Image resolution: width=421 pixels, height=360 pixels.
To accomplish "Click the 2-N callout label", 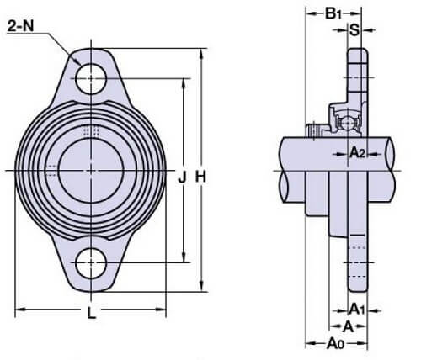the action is (x=20, y=26).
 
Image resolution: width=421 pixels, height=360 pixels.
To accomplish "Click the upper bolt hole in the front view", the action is (x=91, y=79).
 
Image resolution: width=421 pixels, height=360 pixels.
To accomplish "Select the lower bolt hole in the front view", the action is (x=91, y=263).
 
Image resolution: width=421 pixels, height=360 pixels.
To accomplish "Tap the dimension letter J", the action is (x=183, y=177).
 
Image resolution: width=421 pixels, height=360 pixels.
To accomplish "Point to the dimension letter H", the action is (x=201, y=177).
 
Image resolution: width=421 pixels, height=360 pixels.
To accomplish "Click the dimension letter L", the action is (x=91, y=313).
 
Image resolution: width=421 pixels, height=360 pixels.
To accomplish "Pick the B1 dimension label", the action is (x=333, y=13).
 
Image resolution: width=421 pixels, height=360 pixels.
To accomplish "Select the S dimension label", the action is (x=354, y=29).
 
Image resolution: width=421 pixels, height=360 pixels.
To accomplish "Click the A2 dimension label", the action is (x=357, y=153).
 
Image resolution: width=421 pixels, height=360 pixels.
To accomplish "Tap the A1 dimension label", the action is (x=357, y=310).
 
